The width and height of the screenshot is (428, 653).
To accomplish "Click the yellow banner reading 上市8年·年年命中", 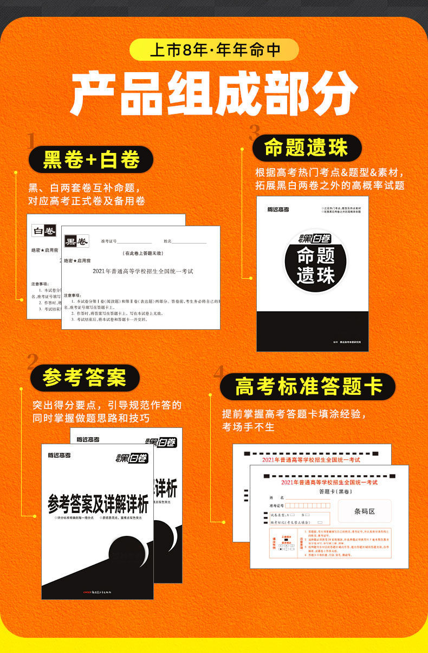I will tap(214, 49).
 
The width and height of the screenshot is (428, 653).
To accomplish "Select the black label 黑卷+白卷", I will tap(91, 159).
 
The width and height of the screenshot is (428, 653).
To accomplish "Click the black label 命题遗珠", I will tap(306, 148).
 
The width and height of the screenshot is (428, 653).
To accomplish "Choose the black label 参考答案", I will tap(84, 377).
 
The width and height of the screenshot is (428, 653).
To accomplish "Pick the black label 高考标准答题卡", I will tap(308, 386).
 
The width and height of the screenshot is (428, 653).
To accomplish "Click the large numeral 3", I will tap(254, 133).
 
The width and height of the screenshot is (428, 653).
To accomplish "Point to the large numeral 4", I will tap(218, 372).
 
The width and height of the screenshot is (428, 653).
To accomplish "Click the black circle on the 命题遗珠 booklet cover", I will tap(316, 264).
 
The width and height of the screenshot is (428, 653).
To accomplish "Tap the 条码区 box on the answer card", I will tap(364, 511).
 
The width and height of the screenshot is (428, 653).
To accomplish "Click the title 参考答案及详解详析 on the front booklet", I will tap(98, 505).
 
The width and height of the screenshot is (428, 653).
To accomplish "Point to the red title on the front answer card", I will tap(329, 482).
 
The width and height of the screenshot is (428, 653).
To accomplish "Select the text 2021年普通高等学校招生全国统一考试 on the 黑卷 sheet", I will tap(142, 271).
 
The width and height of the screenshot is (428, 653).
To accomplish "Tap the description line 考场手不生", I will tap(248, 427).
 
